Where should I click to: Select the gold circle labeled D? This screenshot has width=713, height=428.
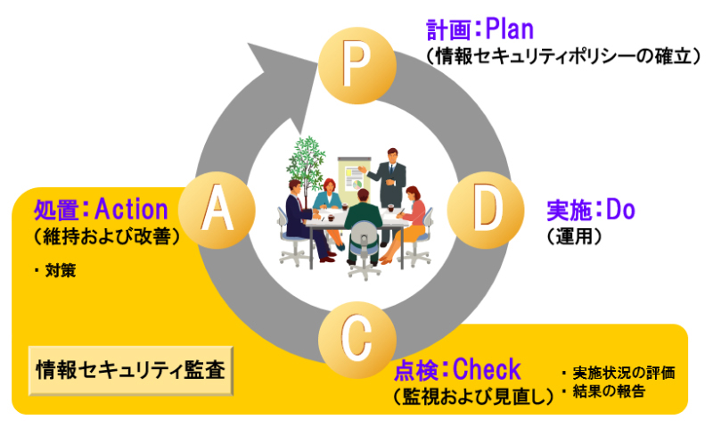(482, 210)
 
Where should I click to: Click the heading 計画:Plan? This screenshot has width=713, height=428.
(479, 29)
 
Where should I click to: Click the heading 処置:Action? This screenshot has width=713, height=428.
(101, 210)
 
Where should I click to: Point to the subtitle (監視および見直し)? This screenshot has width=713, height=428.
(472, 393)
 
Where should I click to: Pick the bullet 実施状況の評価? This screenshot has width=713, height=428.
(620, 372)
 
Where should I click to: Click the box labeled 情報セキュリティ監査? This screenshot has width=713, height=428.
(130, 367)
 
